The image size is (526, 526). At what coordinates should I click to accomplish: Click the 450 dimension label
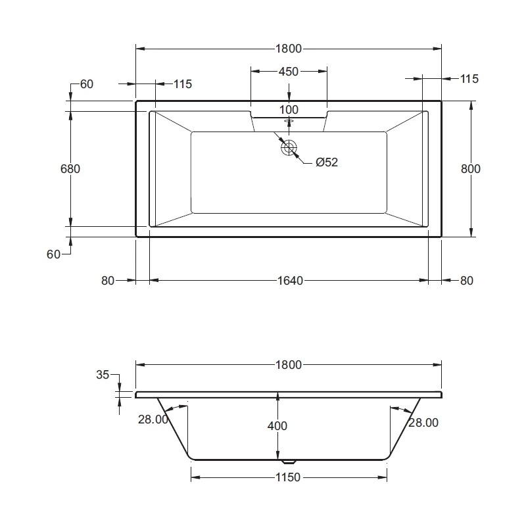[289, 72]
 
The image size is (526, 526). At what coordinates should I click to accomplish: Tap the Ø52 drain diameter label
[326, 162]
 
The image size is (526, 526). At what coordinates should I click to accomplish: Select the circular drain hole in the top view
[289, 148]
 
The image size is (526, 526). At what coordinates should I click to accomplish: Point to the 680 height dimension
[69, 168]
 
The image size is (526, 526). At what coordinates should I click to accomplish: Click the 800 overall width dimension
[471, 168]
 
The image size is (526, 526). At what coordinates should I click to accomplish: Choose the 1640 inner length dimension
[289, 281]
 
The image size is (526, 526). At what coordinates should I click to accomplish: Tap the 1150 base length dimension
[289, 477]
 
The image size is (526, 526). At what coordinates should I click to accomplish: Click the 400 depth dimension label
[278, 426]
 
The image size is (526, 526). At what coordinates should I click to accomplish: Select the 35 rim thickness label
[103, 375]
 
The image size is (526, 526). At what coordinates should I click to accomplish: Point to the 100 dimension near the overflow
[289, 109]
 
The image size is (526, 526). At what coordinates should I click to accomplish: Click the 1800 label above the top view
[289, 49]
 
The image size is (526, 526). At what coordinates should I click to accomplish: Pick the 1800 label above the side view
[289, 365]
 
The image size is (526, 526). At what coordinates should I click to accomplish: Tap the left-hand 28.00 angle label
[153, 419]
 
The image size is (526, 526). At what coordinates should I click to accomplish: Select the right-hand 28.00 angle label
[423, 423]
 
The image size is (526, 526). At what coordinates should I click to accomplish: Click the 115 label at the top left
[182, 84]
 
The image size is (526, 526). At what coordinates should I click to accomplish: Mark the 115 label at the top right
[469, 79]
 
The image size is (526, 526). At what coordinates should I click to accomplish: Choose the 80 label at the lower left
[108, 281]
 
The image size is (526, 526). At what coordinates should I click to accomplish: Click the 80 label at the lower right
[466, 281]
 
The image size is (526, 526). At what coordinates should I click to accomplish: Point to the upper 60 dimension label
[87, 84]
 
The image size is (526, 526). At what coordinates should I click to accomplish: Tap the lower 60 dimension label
[53, 254]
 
